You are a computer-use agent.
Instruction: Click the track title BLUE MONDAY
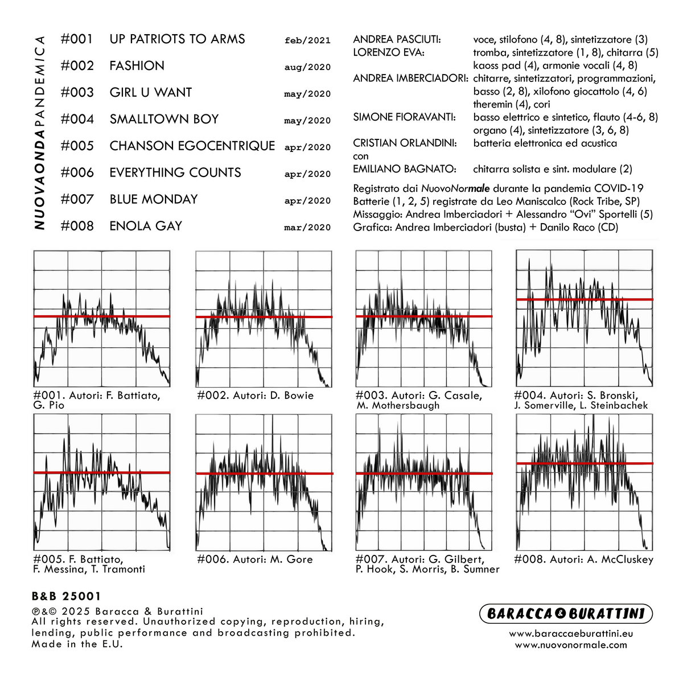click(x=153, y=199)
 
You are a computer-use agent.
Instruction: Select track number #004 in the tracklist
click(x=77, y=119)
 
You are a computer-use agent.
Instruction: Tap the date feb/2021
click(x=307, y=40)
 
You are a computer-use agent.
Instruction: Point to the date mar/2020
click(x=307, y=228)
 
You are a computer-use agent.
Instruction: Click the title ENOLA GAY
click(x=146, y=226)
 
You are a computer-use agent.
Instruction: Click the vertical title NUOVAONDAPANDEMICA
click(x=39, y=132)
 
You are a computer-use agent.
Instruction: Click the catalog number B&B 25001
click(x=66, y=596)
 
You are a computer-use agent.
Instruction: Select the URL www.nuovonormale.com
click(x=571, y=645)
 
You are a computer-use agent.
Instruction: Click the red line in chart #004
click(x=584, y=299)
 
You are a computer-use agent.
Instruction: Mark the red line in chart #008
click(x=584, y=463)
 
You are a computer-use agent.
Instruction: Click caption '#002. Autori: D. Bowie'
click(x=255, y=396)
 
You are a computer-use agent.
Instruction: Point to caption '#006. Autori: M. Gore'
click(x=255, y=559)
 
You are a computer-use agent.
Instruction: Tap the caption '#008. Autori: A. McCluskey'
click(x=583, y=559)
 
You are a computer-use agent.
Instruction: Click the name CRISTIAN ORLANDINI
click(x=405, y=143)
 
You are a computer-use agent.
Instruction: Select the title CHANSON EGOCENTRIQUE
click(x=192, y=146)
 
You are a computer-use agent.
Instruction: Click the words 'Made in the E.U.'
click(x=77, y=644)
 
